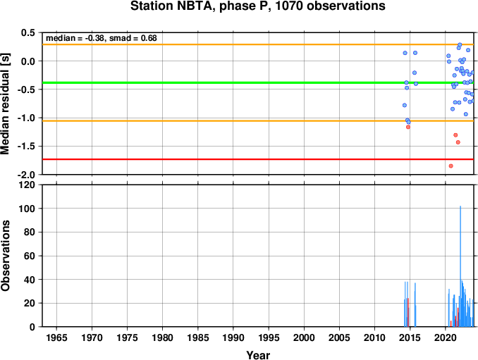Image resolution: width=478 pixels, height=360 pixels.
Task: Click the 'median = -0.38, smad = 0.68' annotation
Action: coord(102,38)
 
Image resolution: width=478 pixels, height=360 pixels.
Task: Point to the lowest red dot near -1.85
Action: coord(451,166)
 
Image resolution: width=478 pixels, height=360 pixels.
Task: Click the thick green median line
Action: coord(258,82)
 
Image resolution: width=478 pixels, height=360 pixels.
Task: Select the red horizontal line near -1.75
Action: coord(258,159)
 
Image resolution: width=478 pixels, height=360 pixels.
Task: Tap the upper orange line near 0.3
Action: coord(258,44)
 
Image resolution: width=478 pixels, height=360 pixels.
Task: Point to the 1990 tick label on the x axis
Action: coord(233,337)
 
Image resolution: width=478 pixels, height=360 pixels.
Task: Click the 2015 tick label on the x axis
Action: coord(410,337)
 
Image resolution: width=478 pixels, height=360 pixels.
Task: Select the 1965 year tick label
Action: coord(56,337)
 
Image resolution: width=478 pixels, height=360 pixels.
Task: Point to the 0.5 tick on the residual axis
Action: coord(29,32)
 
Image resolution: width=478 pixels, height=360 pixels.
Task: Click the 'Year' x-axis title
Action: coord(258,355)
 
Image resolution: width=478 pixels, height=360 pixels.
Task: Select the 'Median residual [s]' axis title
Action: coord(5,104)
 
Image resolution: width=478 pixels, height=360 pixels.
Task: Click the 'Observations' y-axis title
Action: coord(5,255)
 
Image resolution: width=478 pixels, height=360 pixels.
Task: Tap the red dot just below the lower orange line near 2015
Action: coord(408,127)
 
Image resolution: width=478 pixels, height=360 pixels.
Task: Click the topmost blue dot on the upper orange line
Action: coord(460,45)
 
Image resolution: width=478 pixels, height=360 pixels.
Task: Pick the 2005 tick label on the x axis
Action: coord(339,337)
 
